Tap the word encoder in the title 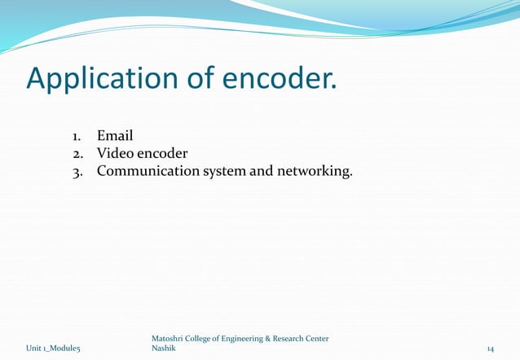tap(277, 79)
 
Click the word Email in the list tap(115, 135)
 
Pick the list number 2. tap(74, 153)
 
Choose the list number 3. tap(74, 171)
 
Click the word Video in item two tap(116, 153)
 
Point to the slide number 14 tap(489, 349)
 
